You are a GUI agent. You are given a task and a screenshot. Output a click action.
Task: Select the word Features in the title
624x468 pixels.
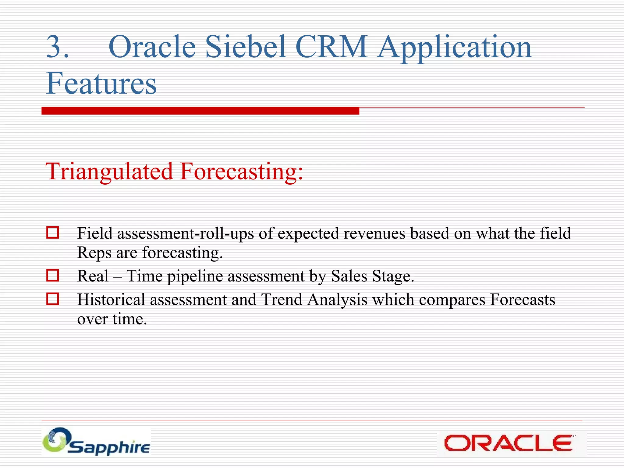click(x=101, y=83)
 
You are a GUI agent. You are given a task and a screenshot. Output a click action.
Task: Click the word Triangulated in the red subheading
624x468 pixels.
click(x=109, y=172)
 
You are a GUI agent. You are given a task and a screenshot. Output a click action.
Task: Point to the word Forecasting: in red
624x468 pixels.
click(x=241, y=172)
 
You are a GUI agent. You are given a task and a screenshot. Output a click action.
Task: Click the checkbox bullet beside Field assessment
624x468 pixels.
click(x=52, y=232)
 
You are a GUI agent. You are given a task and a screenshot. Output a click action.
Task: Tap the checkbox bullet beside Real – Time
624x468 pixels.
click(x=52, y=275)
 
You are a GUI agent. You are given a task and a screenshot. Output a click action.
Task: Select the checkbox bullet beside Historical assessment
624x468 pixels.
click(x=52, y=299)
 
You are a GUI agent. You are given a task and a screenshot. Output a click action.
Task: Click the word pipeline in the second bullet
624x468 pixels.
click(x=195, y=276)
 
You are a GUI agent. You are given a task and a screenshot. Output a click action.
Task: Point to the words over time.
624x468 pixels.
click(x=112, y=319)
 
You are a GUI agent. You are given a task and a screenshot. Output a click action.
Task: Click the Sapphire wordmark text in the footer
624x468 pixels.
click(x=109, y=448)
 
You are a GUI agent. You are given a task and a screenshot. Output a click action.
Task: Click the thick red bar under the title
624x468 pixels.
click(x=200, y=111)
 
